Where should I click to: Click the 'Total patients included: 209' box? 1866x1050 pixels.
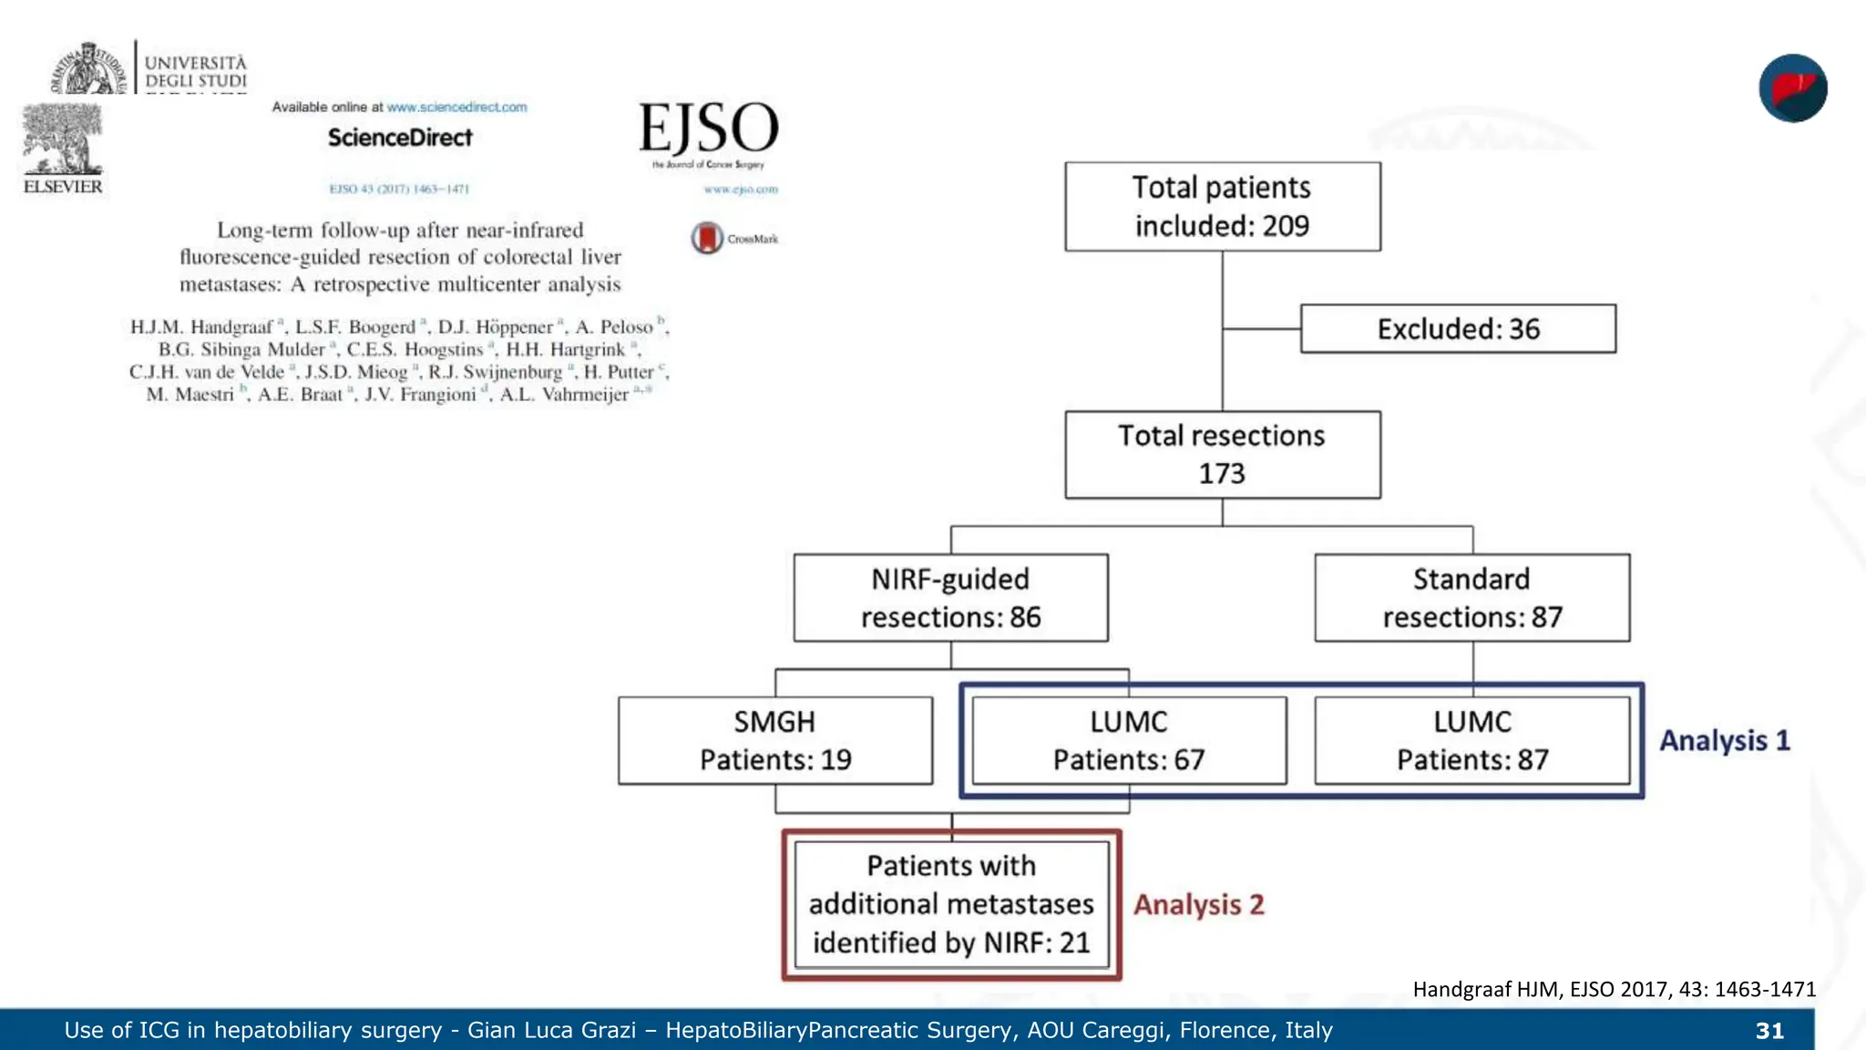point(1222,207)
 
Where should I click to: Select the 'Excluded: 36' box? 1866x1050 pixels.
point(1458,329)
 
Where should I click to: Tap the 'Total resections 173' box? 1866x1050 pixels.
point(1222,455)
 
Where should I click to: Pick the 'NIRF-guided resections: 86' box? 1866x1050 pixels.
point(950,598)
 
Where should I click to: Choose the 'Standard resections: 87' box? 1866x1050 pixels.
point(1471,598)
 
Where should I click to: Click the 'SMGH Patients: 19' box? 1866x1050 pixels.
point(774,740)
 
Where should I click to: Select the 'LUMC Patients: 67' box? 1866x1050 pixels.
point(1129,740)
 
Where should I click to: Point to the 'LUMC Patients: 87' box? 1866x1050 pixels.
point(1471,740)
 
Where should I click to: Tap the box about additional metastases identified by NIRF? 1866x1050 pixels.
point(951,904)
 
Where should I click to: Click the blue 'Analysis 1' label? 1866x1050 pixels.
point(1724,740)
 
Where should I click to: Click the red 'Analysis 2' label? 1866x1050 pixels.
point(1198,905)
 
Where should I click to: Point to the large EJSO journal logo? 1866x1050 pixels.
point(709,129)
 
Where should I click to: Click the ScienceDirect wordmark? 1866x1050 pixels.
point(400,138)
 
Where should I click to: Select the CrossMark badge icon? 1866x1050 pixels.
point(707,239)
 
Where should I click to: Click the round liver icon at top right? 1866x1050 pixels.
point(1792,88)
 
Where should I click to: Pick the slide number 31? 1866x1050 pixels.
point(1769,1031)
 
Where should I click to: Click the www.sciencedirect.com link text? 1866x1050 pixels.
point(456,108)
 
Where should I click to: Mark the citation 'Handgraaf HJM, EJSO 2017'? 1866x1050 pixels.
point(1614,990)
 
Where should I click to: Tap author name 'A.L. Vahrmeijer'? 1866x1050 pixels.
point(564,395)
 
